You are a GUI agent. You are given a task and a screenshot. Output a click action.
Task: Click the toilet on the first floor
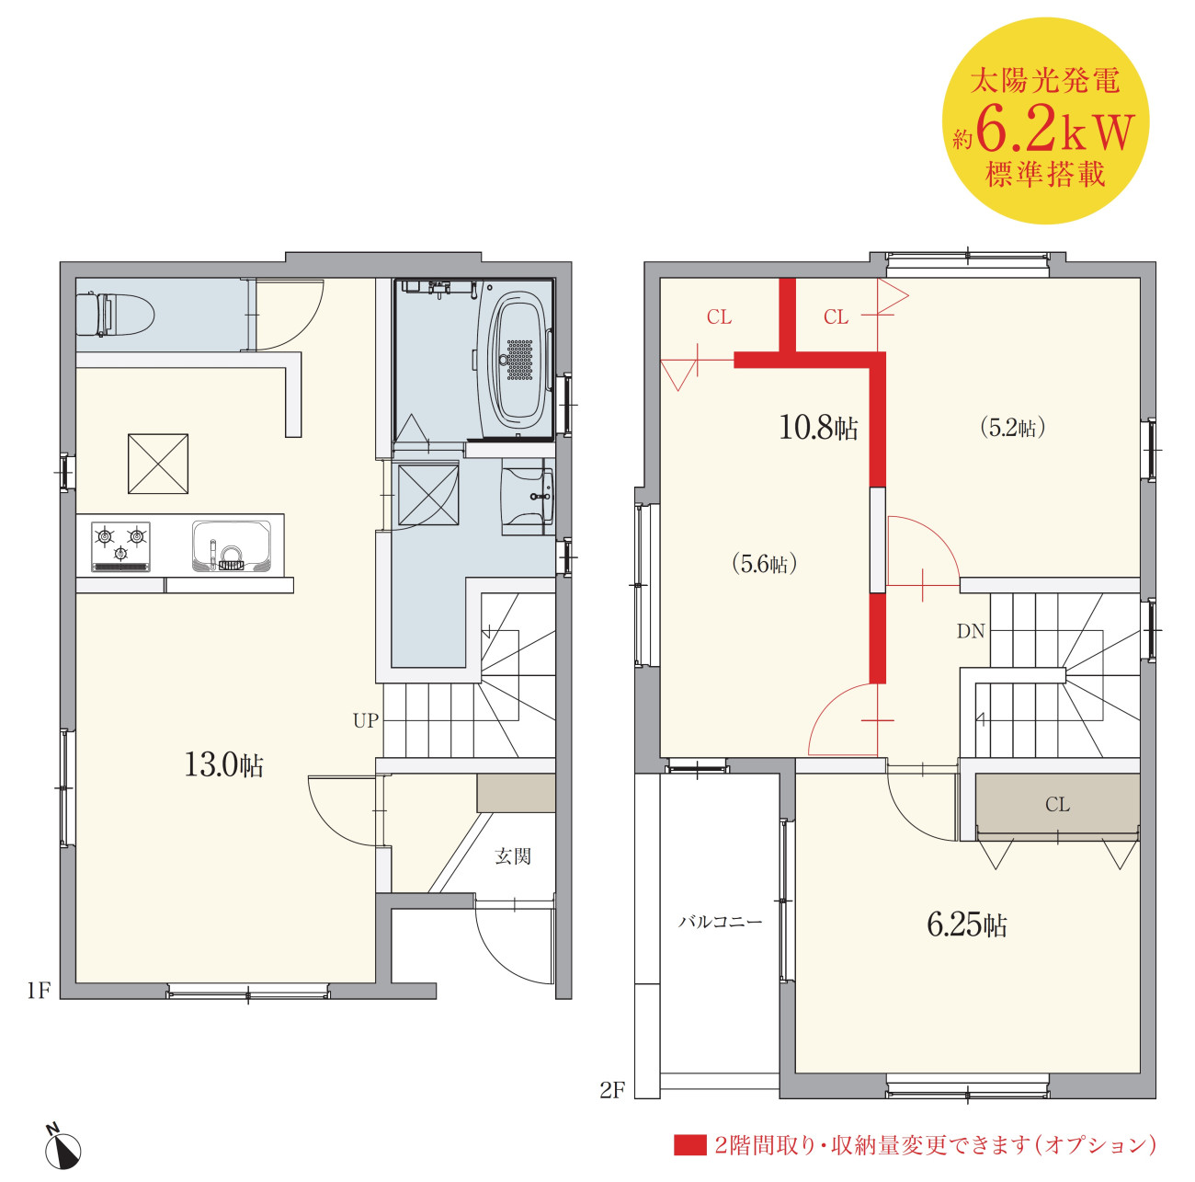[115, 314]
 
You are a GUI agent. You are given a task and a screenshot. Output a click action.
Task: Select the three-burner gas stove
[121, 546]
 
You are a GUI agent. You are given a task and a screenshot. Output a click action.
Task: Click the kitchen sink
[232, 546]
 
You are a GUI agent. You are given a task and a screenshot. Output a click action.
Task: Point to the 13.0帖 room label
[224, 764]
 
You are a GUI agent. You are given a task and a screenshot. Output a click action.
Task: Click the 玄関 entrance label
[513, 856]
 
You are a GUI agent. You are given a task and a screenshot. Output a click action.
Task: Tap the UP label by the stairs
[365, 721]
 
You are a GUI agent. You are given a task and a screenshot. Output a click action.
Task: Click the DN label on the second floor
[971, 631]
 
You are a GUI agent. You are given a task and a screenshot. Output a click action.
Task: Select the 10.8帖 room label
[818, 429]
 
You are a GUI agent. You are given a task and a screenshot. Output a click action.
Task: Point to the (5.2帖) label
[1013, 428]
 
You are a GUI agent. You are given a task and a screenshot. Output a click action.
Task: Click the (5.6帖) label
[764, 564]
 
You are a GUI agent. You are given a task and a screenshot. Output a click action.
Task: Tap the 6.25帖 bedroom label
[967, 925]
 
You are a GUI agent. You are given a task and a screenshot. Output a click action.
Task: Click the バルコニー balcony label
[720, 922]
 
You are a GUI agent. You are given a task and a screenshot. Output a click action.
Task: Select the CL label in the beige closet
[1057, 805]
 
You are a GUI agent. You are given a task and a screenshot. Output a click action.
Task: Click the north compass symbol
[63, 1146]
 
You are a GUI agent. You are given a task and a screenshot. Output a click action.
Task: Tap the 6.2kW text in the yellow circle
[1055, 132]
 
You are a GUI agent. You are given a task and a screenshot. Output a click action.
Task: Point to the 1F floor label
[38, 990]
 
